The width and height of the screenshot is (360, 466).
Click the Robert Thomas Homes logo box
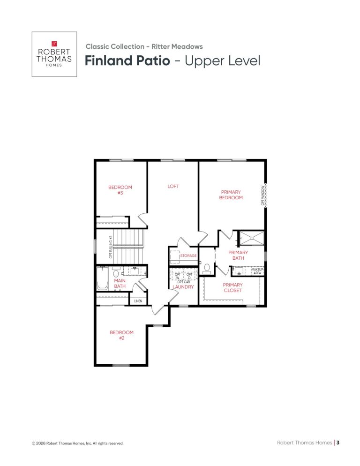click(54, 54)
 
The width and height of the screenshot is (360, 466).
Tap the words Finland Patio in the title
click(127, 60)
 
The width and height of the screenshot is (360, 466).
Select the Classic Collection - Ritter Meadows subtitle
click(144, 46)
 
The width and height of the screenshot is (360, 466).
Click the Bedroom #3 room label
click(120, 190)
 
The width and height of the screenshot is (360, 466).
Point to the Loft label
click(173, 186)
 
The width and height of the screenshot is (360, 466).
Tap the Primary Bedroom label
click(231, 195)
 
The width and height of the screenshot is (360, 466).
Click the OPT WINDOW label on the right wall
click(263, 195)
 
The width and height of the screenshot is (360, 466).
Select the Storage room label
click(188, 256)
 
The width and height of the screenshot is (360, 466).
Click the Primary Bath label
click(238, 256)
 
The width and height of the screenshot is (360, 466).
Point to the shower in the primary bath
click(252, 238)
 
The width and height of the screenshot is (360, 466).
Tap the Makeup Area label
click(257, 271)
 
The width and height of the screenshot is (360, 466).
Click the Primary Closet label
click(233, 287)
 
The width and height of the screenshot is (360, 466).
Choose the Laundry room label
click(183, 287)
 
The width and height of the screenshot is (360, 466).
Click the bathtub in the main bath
click(103, 278)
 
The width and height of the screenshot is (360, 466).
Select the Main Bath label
click(120, 283)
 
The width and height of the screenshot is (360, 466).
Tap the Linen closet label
click(138, 301)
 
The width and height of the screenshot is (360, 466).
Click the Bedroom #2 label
click(121, 335)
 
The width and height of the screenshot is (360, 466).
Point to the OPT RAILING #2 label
click(111, 247)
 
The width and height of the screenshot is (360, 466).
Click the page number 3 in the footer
click(337, 443)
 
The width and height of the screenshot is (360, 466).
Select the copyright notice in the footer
click(78, 443)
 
